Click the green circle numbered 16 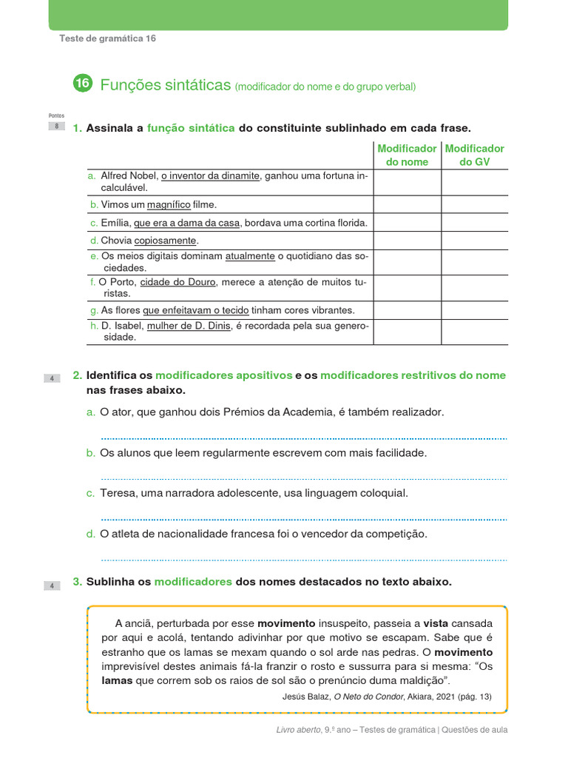coord(82,84)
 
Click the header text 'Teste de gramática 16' coord(107,38)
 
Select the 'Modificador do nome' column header coord(407,155)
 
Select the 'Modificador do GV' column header coord(474,155)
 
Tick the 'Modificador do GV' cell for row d coord(474,241)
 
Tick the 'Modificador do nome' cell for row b coord(407,204)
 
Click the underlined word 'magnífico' coord(169,205)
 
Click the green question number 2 coord(77,375)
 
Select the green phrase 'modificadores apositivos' coord(223,375)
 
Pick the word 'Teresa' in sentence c coord(117,493)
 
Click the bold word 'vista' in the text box coord(436,623)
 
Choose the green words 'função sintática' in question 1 coord(191,128)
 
